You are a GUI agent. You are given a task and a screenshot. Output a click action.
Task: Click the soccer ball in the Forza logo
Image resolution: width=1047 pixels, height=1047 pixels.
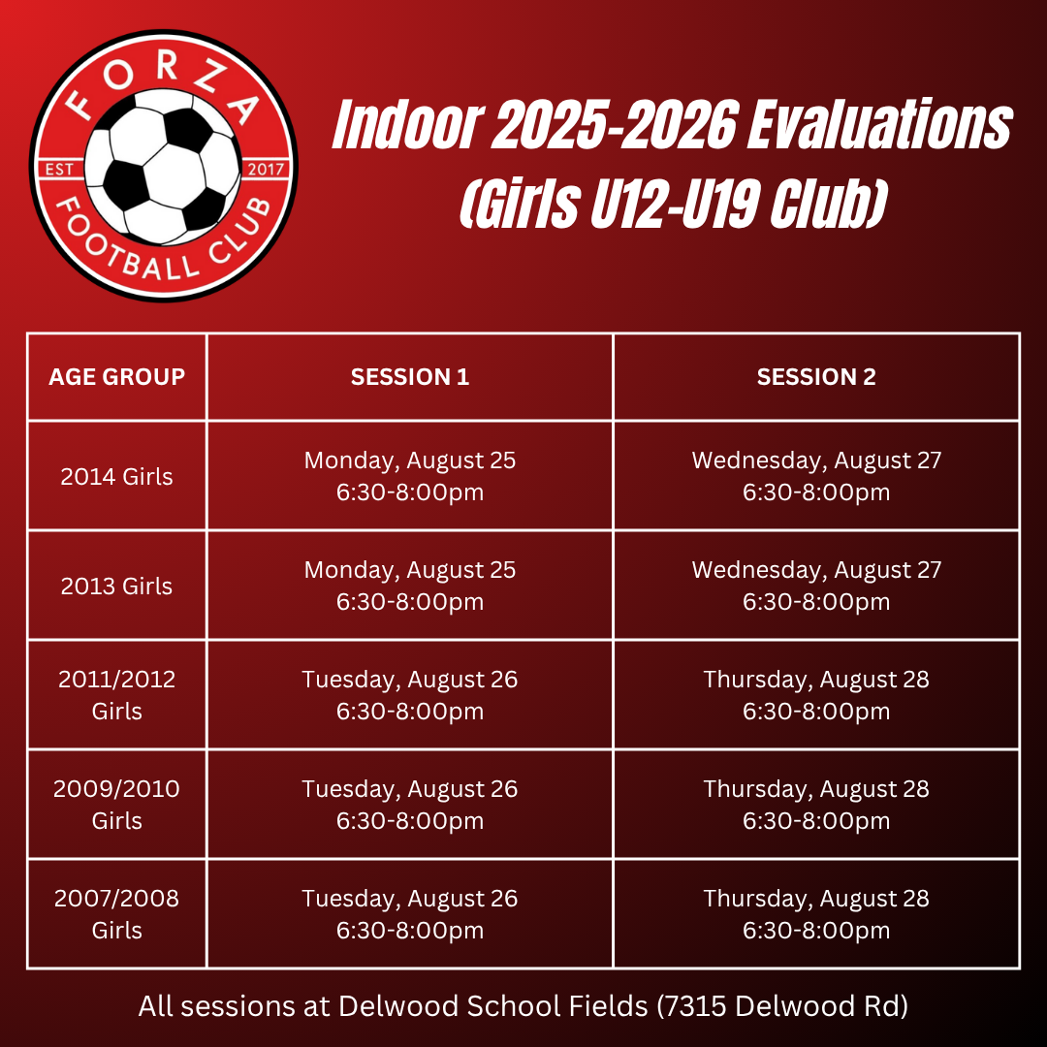[162, 167]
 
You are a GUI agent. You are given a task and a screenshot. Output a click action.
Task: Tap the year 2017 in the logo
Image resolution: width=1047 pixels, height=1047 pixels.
[266, 169]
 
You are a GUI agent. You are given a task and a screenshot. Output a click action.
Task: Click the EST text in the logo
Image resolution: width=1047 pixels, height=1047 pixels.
[59, 170]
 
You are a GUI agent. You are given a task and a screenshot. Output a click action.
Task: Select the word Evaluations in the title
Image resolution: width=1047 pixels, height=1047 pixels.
[879, 125]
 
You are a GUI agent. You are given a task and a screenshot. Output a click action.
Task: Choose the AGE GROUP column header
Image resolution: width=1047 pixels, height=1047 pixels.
[117, 376]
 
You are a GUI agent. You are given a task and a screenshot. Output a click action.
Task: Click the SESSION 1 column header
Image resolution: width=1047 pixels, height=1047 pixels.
[410, 376]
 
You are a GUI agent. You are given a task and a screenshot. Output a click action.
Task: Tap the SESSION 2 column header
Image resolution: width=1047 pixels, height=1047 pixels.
[816, 376]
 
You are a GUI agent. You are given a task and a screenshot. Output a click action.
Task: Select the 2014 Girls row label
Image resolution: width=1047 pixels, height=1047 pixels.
[117, 476]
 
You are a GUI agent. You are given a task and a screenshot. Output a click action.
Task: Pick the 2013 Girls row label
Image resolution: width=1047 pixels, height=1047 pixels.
[117, 586]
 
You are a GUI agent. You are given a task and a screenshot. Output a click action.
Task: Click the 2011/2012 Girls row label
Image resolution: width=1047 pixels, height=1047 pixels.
[117, 695]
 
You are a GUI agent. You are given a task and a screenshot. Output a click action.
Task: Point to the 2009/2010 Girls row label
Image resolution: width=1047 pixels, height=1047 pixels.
[117, 805]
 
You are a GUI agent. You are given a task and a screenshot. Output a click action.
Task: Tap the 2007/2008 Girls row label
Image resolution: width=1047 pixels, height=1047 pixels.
[117, 914]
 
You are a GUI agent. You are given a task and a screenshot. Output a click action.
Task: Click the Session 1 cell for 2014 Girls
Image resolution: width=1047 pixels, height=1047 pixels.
[410, 476]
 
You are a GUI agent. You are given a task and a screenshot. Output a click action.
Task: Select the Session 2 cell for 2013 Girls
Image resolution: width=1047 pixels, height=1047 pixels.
[816, 586]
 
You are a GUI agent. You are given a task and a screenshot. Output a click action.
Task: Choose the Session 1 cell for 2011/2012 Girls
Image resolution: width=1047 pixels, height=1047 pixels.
[410, 695]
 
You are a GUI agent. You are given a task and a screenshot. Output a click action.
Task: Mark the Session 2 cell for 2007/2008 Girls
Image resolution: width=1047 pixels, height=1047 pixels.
[816, 914]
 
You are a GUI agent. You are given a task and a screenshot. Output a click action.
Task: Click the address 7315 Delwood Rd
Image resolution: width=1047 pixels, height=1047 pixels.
[782, 1006]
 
